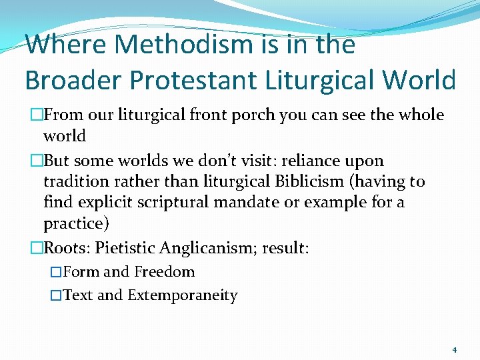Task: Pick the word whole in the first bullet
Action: tap(420, 115)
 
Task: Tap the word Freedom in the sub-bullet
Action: tap(164, 272)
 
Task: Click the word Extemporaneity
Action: tap(182, 295)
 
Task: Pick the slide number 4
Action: tap(454, 349)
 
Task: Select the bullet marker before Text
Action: tap(56, 295)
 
